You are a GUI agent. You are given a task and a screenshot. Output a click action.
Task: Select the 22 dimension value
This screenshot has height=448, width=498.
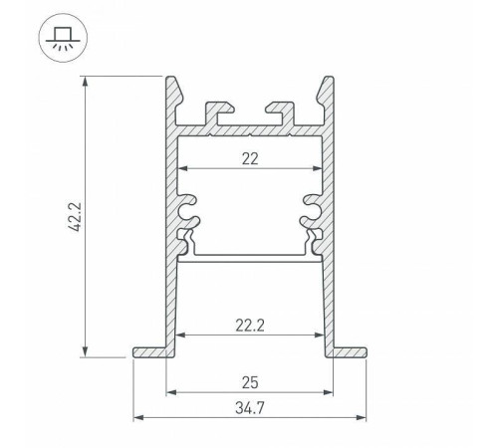[x=249, y=158]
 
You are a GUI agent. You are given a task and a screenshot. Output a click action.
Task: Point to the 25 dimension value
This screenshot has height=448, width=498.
[x=249, y=380]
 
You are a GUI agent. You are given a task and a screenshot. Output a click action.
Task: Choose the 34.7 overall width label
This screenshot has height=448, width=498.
[x=249, y=407]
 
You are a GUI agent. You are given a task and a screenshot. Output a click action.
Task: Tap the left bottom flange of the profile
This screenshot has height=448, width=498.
[x=149, y=351]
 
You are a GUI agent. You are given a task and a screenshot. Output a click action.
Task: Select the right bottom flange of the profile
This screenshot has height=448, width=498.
[x=349, y=351]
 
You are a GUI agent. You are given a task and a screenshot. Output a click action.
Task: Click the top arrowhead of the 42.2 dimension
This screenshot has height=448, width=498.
[x=86, y=80]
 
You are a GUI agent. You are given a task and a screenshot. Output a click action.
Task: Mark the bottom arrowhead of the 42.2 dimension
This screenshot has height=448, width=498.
[x=86, y=352]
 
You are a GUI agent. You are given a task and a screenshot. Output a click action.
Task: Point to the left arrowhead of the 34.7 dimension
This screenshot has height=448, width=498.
[x=138, y=418]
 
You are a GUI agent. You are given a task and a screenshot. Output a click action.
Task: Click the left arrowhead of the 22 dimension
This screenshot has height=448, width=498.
[x=182, y=170]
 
